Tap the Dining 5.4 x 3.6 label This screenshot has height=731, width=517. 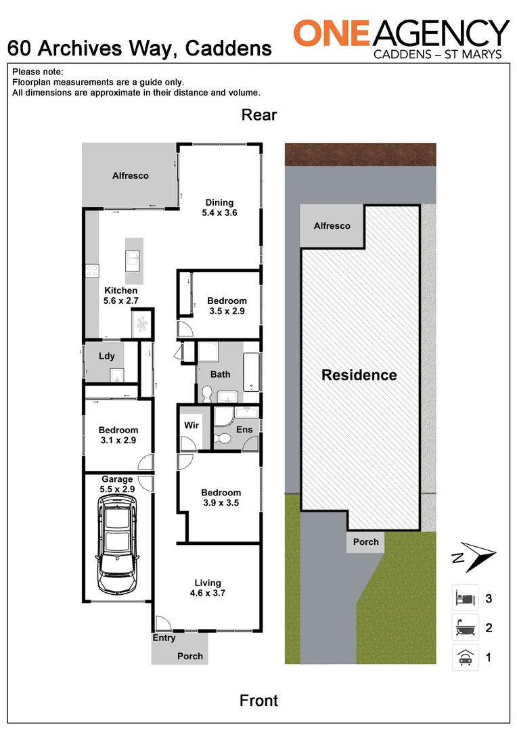pyautogui.click(x=219, y=207)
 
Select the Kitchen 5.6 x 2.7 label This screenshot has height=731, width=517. pyautogui.click(x=120, y=296)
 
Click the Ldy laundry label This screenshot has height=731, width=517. pyautogui.click(x=107, y=356)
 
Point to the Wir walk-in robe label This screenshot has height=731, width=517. pyautogui.click(x=192, y=426)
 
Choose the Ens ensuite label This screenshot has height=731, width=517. pyautogui.click(x=244, y=429)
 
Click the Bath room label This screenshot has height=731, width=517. pyautogui.click(x=220, y=374)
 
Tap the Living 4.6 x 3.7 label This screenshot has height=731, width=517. pyautogui.click(x=208, y=588)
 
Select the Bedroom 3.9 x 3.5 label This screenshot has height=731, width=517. pyautogui.click(x=221, y=497)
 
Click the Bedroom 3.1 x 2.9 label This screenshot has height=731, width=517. pyautogui.click(x=118, y=435)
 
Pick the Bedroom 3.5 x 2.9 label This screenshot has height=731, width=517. pyautogui.click(x=227, y=305)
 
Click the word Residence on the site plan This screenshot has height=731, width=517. pyautogui.click(x=359, y=375)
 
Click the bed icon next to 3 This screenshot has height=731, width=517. pyautogui.click(x=465, y=598)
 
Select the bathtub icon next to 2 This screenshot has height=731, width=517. pyautogui.click(x=465, y=627)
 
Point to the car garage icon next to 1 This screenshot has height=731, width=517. pyautogui.click(x=465, y=657)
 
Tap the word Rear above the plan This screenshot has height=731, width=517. pyautogui.click(x=258, y=115)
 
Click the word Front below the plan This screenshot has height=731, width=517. pyautogui.click(x=258, y=701)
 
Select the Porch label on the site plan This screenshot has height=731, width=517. pyautogui.click(x=365, y=541)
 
